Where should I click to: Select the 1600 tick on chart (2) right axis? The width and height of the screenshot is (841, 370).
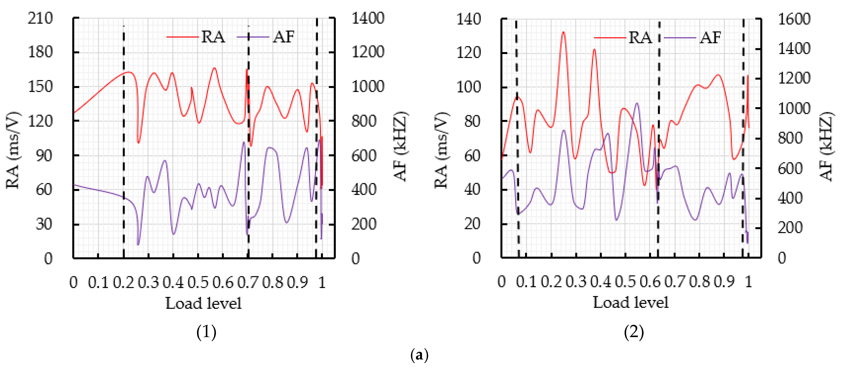794,19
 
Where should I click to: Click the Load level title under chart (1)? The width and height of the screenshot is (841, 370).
203,303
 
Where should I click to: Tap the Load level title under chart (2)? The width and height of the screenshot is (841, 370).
630,302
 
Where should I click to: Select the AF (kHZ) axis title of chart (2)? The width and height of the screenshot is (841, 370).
827,147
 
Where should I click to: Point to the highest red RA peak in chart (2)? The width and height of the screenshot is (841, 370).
563,32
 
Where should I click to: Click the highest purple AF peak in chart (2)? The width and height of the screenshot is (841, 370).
637,103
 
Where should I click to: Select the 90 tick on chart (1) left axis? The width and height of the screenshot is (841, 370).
44,156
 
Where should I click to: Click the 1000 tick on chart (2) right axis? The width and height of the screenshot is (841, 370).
794,109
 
